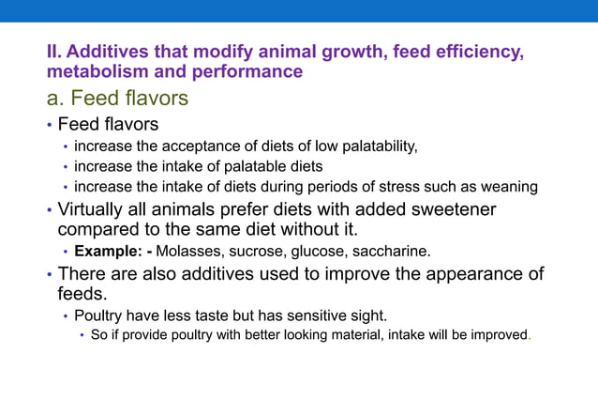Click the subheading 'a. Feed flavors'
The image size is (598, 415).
click(x=117, y=98)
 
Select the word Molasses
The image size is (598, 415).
click(x=188, y=252)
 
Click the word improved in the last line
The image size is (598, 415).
click(x=497, y=335)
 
